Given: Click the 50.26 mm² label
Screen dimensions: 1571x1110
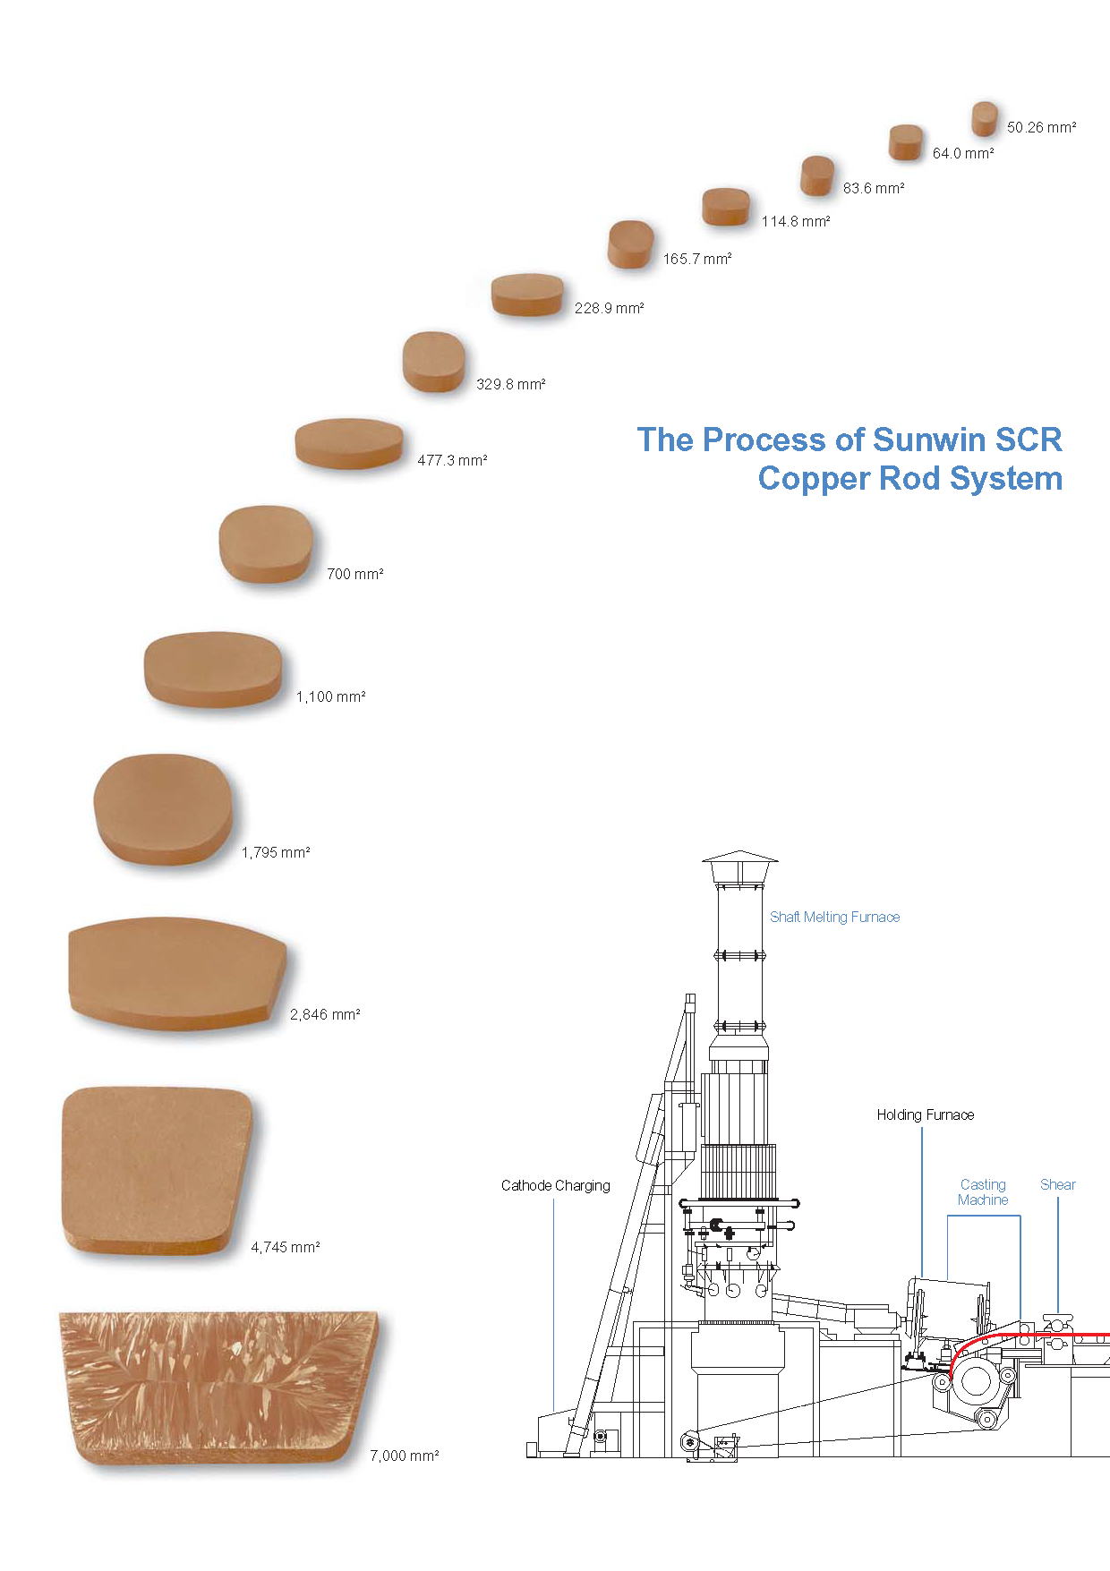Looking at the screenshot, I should pyautogui.click(x=1041, y=127).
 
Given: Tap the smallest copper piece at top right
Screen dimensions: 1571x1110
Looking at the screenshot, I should pyautogui.click(x=985, y=118).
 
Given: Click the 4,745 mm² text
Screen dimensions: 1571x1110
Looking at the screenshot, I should pyautogui.click(x=286, y=1247).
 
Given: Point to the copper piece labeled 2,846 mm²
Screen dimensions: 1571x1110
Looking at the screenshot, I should pyautogui.click(x=176, y=973).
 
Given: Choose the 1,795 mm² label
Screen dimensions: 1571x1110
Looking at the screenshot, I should pyautogui.click(x=276, y=852).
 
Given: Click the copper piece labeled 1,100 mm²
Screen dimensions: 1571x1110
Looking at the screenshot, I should pyautogui.click(x=213, y=669).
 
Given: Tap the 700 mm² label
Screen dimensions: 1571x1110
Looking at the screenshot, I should pyautogui.click(x=355, y=574).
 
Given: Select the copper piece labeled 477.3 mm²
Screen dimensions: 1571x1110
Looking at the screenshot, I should pyautogui.click(x=349, y=443).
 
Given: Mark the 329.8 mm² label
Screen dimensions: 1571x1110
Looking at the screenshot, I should pyautogui.click(x=510, y=384).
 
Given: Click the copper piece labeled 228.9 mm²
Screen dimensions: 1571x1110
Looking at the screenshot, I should pyautogui.click(x=527, y=295).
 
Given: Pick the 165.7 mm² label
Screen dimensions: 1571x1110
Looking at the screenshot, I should pyautogui.click(x=697, y=259).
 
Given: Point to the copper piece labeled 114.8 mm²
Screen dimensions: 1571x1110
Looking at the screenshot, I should pyautogui.click(x=726, y=207).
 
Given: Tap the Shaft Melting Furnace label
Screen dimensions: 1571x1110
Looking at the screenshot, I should pyautogui.click(x=834, y=917).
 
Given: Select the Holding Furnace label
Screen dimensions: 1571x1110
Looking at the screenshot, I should pyautogui.click(x=925, y=1114).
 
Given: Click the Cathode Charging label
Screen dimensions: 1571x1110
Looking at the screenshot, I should pyautogui.click(x=555, y=1185).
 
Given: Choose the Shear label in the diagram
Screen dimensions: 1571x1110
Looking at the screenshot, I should pyautogui.click(x=1057, y=1184).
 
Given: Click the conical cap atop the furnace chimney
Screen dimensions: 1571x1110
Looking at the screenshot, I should pyautogui.click(x=739, y=860).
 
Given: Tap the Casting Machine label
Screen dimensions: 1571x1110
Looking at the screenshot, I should pyautogui.click(x=983, y=1191).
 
